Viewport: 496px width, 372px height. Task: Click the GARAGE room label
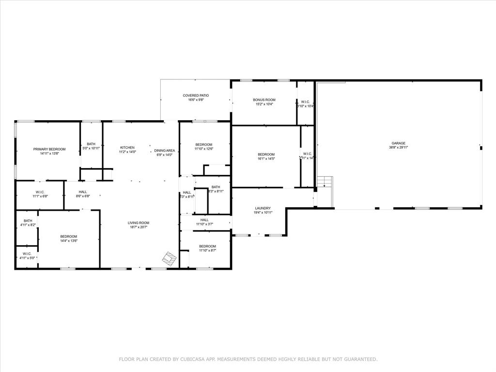click(398, 143)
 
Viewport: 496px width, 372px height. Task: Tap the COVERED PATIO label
click(193, 95)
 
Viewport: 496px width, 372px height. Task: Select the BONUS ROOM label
click(264, 100)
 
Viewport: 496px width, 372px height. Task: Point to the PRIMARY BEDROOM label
click(49, 149)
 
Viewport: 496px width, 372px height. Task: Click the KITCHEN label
click(127, 147)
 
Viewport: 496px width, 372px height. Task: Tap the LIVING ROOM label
click(138, 223)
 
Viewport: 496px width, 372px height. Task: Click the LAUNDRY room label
click(263, 208)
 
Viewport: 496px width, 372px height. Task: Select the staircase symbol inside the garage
click(325, 184)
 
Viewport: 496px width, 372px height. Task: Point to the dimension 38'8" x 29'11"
click(398, 148)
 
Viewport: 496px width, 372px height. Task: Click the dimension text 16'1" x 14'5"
click(266, 158)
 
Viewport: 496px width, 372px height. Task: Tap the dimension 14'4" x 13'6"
click(69, 241)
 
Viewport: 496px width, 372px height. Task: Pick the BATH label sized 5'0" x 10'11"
click(91, 144)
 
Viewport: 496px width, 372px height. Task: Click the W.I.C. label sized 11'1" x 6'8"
click(40, 192)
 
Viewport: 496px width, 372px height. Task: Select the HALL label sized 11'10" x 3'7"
click(204, 220)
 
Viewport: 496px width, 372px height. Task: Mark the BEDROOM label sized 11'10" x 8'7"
click(207, 246)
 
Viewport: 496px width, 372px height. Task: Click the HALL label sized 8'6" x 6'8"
click(82, 192)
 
